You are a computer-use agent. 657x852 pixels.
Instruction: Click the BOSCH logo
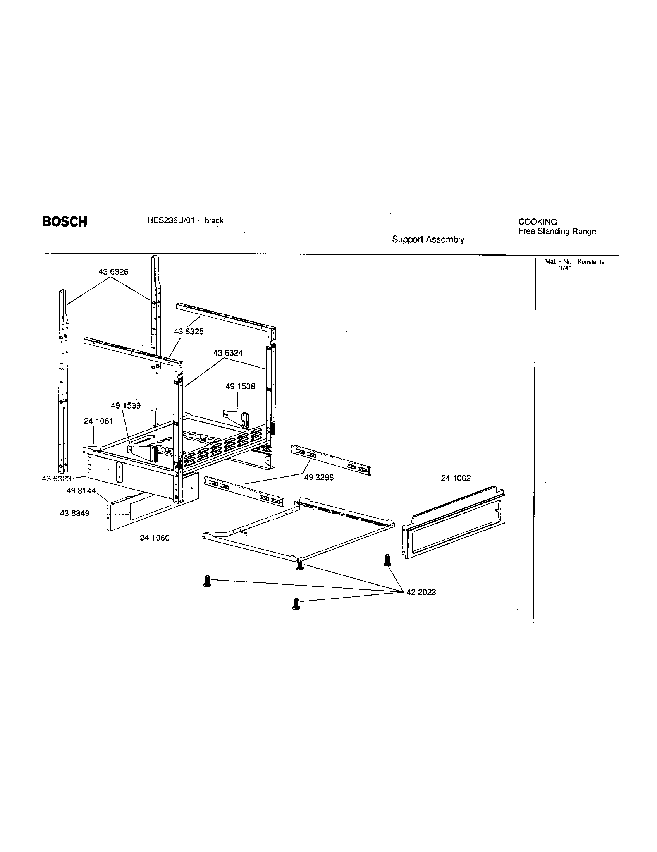[x=64, y=222]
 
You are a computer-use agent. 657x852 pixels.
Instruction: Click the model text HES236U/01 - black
[x=185, y=220]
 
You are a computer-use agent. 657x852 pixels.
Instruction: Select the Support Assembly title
[x=428, y=239]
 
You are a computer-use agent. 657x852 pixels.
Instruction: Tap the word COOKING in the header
[x=537, y=222]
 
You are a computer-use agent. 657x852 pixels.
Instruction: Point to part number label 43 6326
[x=113, y=272]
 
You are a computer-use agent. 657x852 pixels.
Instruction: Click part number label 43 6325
[x=188, y=332]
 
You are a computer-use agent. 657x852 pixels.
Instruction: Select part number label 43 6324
[x=228, y=353]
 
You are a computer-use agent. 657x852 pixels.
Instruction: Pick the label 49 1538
[x=240, y=386]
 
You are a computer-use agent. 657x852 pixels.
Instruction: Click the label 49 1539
[x=126, y=405]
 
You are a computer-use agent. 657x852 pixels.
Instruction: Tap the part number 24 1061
[x=98, y=421]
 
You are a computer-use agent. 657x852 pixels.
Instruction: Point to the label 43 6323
[x=57, y=479]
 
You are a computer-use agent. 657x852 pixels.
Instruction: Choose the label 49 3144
[x=81, y=491]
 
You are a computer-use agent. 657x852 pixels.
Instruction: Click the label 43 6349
[x=74, y=514]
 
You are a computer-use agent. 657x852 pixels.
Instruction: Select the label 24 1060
[x=155, y=538]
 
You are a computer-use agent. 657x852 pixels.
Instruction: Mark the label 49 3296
[x=319, y=478]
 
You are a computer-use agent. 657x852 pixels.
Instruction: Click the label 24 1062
[x=456, y=478]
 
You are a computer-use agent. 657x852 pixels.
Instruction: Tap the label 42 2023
[x=421, y=592]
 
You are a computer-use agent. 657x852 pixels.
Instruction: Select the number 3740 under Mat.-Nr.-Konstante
[x=564, y=268]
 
